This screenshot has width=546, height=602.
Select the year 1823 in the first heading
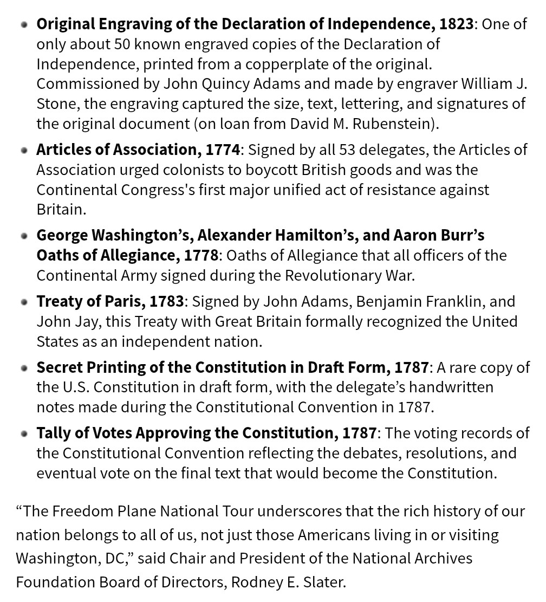pos(456,24)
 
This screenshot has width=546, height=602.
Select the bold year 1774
pos(222,150)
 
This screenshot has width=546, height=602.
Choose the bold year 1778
pos(200,255)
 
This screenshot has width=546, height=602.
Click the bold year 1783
pos(167,301)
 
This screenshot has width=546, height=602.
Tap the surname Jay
pos(87,321)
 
